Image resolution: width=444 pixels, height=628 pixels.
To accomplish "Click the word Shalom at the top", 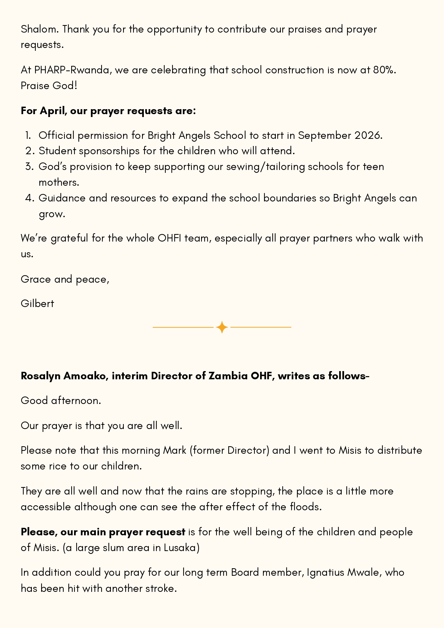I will [39, 29].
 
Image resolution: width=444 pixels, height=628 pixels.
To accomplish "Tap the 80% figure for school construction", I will [384, 70].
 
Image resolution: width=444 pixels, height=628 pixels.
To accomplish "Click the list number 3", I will [29, 167].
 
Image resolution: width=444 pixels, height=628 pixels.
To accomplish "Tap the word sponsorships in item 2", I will [109, 151].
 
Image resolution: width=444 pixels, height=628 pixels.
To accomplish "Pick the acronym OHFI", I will [169, 238].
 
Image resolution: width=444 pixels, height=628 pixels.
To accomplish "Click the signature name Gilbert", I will [38, 303].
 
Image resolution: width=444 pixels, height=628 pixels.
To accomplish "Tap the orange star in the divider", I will [222, 327].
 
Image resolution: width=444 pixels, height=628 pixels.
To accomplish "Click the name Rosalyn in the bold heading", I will [41, 376].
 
